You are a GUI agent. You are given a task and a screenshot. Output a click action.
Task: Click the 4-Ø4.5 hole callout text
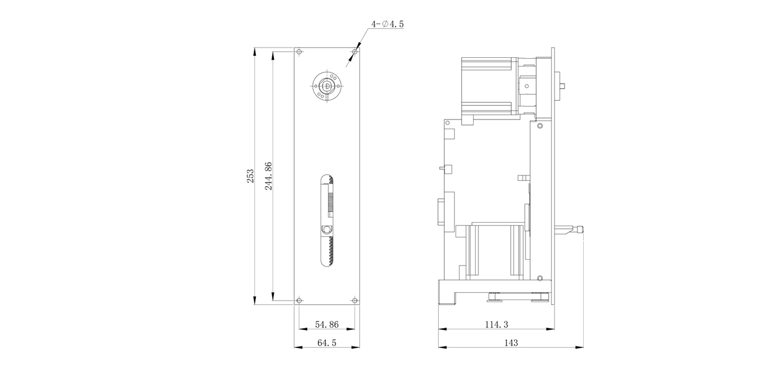[387, 24]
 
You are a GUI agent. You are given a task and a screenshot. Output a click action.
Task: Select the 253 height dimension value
[250, 176]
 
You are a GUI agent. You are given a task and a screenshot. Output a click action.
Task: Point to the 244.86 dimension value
[269, 176]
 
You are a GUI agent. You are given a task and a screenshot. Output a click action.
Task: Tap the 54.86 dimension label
[327, 324]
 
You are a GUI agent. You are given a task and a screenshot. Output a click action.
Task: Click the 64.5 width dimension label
[327, 342]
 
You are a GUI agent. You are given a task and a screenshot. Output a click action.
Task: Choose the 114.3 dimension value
[496, 324]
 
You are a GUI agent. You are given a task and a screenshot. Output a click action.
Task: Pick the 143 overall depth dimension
[511, 342]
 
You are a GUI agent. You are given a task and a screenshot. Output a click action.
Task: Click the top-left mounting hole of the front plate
[299, 52]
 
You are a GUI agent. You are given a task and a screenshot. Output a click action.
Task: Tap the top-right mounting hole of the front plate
[355, 52]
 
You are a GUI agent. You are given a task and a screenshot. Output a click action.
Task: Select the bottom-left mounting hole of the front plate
[299, 301]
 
